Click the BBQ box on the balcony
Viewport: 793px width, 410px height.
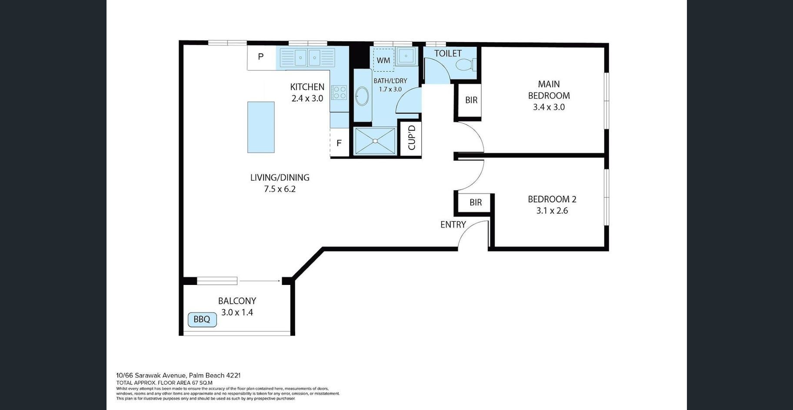[202, 320]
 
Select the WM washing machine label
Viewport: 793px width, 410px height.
[383, 60]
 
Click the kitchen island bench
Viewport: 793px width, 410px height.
[261, 127]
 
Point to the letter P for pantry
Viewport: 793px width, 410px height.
[261, 56]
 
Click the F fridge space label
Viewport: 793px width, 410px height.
[339, 143]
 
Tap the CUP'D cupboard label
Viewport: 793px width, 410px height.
[412, 137]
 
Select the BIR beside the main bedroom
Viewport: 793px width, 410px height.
[471, 100]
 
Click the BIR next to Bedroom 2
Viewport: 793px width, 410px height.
[476, 202]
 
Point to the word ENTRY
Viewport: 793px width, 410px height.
[453, 225]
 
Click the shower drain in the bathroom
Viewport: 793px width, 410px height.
[375, 141]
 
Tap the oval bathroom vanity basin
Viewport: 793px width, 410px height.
[362, 96]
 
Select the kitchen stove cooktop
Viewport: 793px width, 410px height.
[339, 93]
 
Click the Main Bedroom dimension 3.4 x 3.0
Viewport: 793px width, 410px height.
[549, 107]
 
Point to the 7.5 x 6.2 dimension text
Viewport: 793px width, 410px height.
[280, 189]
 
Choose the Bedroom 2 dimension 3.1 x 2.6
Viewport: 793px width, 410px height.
[552, 211]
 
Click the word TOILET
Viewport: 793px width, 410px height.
[448, 53]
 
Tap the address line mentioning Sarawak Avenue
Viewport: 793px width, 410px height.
[178, 375]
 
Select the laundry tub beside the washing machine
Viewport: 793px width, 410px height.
[406, 56]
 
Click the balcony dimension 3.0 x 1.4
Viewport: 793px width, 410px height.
[237, 312]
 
